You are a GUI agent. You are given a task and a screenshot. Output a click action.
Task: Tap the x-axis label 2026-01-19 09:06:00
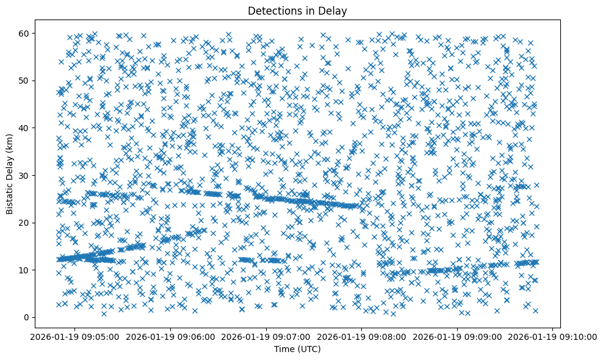[x=170, y=336]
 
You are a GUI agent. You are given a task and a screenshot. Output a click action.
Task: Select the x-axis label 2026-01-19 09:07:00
[x=266, y=336]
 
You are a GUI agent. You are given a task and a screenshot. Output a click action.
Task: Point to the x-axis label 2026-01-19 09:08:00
[x=362, y=336]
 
